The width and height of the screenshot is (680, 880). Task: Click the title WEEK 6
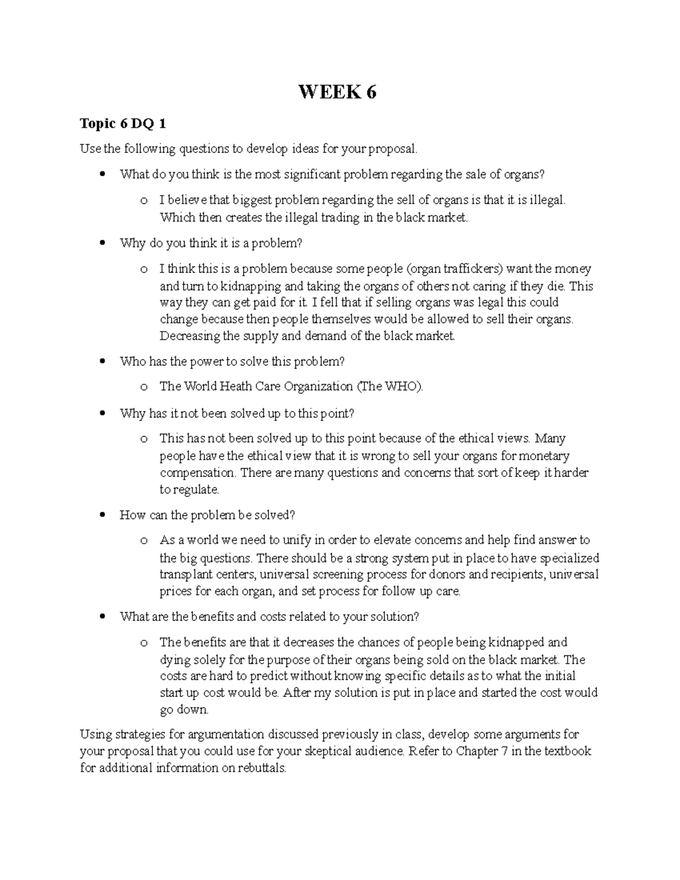pos(337,91)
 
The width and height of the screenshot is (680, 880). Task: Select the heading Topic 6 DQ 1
pos(122,124)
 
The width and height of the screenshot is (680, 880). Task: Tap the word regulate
pos(196,490)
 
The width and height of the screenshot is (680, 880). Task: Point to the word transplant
pos(184,575)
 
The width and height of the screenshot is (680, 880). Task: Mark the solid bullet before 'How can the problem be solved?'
pos(102,515)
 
